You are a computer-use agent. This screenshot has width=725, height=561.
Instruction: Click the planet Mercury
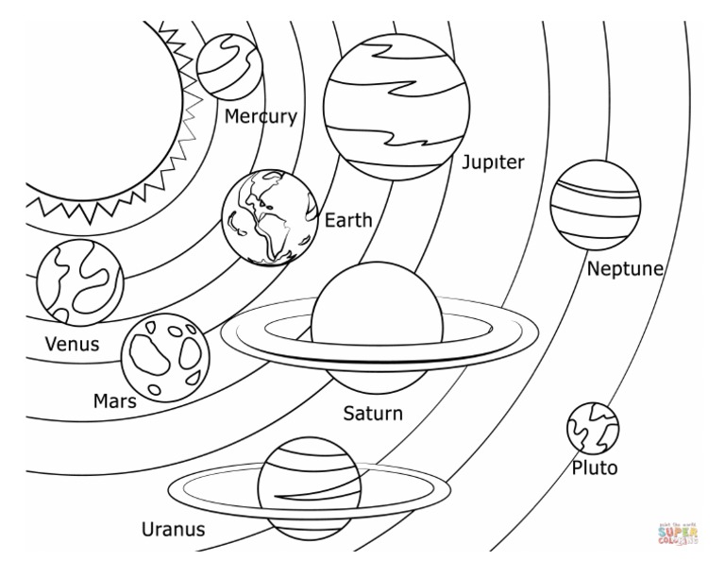pyautogui.click(x=229, y=66)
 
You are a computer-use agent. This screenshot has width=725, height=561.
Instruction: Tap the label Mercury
pyautogui.click(x=261, y=117)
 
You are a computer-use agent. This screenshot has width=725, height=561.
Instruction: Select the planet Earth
pyautogui.click(x=270, y=216)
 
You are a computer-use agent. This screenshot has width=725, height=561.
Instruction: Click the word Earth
pyautogui.click(x=348, y=221)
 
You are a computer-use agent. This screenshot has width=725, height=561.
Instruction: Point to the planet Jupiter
pyautogui.click(x=396, y=102)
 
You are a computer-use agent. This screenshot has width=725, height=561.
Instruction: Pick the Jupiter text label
pyautogui.click(x=493, y=162)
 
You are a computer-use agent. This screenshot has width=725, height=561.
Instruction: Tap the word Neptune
pyautogui.click(x=625, y=270)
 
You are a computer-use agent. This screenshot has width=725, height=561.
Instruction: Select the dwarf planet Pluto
pyautogui.click(x=592, y=428)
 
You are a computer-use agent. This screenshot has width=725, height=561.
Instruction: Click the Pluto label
pyautogui.click(x=595, y=467)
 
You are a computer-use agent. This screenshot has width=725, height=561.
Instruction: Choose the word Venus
pyautogui.click(x=73, y=344)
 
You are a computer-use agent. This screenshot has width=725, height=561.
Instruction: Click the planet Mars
pyautogui.click(x=165, y=357)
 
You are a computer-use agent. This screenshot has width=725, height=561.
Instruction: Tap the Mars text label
pyautogui.click(x=114, y=401)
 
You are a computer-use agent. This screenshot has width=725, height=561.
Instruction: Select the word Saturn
pyautogui.click(x=372, y=414)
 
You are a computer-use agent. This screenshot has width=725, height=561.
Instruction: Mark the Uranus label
pyautogui.click(x=173, y=529)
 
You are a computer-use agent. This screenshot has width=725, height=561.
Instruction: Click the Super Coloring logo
pyautogui.click(x=677, y=535)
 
